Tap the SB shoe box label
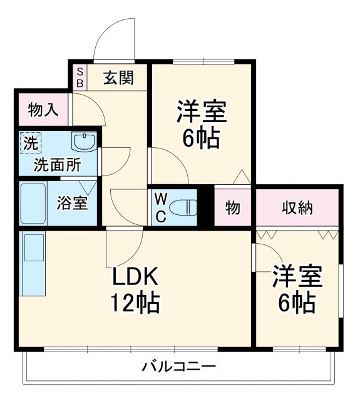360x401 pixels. pyautogui.click(x=80, y=78)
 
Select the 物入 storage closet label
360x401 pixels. pyautogui.click(x=44, y=110)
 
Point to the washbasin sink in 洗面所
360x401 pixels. pyautogui.click(x=84, y=142)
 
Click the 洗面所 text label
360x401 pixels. pyautogui.click(x=57, y=166)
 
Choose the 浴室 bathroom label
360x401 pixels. pyautogui.click(x=73, y=203)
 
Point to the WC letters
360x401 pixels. pyautogui.click(x=160, y=208)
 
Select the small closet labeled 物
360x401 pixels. pyautogui.click(x=232, y=208)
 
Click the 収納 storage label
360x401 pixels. pyautogui.click(x=297, y=208)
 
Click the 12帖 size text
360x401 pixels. pyautogui.click(x=136, y=304)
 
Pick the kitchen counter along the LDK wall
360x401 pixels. pyautogui.click(x=33, y=263)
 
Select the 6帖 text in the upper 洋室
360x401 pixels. pyautogui.click(x=201, y=138)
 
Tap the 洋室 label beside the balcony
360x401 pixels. pyautogui.click(x=297, y=277)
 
